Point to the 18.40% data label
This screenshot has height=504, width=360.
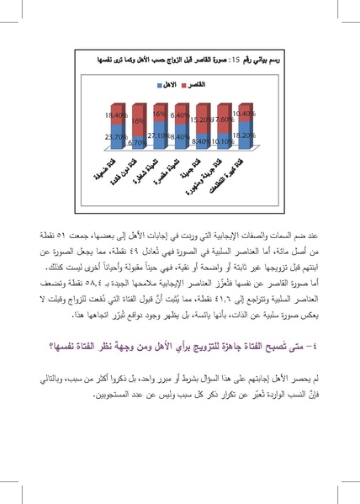click(116, 113)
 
